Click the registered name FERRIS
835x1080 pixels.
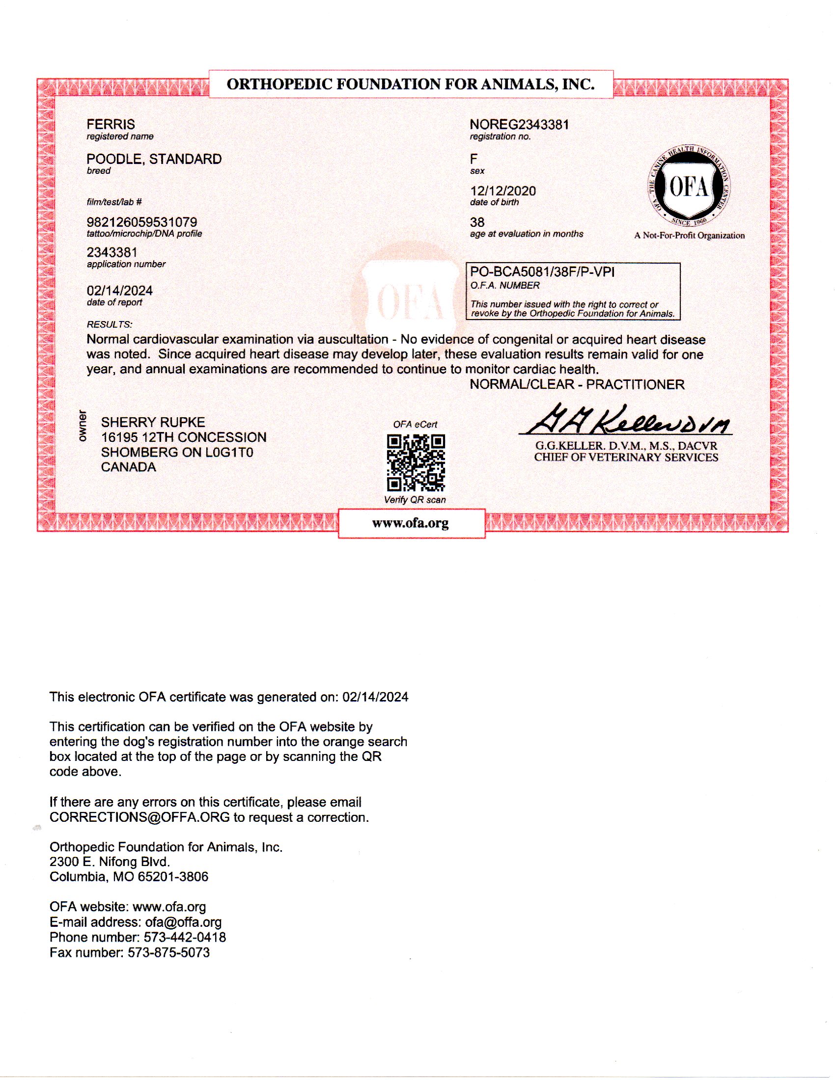111,124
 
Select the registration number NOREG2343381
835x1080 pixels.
519,125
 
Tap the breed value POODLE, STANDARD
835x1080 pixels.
154,159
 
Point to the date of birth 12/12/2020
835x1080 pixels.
502,191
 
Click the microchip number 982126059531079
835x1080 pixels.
141,222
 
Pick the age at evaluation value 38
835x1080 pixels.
477,222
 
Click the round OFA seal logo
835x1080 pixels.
688,187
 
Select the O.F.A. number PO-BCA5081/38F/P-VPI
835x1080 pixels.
542,272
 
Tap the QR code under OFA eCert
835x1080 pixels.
416,462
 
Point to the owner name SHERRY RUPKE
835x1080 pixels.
153,422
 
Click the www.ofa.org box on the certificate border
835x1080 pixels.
411,523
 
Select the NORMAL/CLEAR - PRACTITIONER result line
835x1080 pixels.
577,385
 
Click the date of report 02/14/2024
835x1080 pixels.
120,291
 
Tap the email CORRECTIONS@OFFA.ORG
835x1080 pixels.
139,817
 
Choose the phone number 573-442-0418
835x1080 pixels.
185,937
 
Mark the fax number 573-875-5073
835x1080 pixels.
168,952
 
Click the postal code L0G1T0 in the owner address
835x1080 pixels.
229,453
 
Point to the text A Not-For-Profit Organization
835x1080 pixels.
689,236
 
